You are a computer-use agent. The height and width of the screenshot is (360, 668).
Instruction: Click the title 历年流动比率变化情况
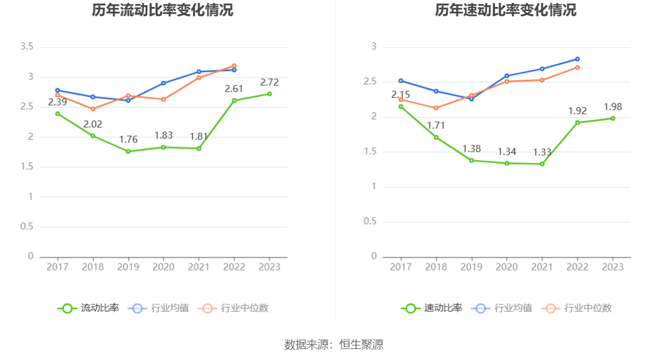pyautogui.click(x=162, y=10)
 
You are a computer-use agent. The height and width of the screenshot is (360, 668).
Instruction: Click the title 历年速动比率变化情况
pyautogui.click(x=506, y=10)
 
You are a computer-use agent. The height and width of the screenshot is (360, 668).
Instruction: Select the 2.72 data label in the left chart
pyautogui.click(x=269, y=82)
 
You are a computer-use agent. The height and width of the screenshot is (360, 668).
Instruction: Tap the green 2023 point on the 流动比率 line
pyautogui.click(x=269, y=94)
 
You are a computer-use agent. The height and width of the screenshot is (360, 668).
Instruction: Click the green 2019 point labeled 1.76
pyautogui.click(x=128, y=151)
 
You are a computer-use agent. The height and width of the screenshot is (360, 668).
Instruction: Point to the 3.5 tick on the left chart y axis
pyautogui.click(x=27, y=47)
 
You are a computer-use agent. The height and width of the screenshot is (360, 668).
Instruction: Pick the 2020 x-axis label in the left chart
pyautogui.click(x=163, y=266)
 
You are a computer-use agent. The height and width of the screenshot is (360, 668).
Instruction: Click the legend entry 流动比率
pyautogui.click(x=88, y=308)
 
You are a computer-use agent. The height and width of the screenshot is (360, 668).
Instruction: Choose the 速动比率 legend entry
pyautogui.click(x=432, y=308)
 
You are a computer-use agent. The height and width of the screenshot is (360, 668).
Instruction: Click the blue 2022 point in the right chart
pyautogui.click(x=577, y=59)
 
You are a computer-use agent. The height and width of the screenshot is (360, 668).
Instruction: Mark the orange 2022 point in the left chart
pyautogui.click(x=234, y=66)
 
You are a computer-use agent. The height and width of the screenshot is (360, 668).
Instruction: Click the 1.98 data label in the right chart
pyautogui.click(x=613, y=106)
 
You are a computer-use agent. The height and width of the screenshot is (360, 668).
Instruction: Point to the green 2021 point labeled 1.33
pyautogui.click(x=542, y=164)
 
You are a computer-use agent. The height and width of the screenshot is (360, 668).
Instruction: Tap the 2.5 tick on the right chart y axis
pyautogui.click(x=370, y=82)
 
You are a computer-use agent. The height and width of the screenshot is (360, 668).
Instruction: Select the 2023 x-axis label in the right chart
pyautogui.click(x=613, y=266)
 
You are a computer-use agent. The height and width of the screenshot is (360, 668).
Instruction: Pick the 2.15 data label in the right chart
pyautogui.click(x=400, y=95)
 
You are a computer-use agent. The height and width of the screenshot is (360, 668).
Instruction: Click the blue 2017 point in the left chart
pyautogui.click(x=58, y=90)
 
